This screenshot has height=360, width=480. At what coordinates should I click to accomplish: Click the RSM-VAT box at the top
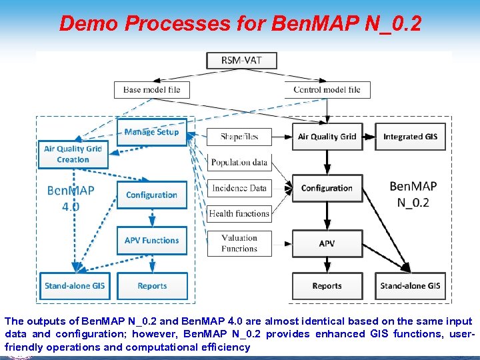(x=241, y=60)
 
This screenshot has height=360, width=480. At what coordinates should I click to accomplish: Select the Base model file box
(x=151, y=90)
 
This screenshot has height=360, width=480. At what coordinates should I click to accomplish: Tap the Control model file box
(x=327, y=90)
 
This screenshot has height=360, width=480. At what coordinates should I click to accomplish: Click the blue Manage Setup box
(x=151, y=132)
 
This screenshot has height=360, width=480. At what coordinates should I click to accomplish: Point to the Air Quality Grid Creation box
(x=73, y=154)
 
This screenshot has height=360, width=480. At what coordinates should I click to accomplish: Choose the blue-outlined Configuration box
(x=151, y=195)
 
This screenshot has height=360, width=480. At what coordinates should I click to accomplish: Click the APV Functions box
(x=151, y=241)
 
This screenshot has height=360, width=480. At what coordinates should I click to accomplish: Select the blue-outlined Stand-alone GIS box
(x=75, y=286)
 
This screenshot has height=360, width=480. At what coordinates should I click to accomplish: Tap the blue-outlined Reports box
(x=152, y=286)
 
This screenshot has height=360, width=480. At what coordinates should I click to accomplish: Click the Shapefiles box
(x=239, y=137)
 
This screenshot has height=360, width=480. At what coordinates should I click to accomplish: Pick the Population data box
(x=239, y=162)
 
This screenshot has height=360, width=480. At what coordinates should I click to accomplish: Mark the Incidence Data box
(x=239, y=188)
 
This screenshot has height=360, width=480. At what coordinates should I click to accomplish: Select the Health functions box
(x=239, y=213)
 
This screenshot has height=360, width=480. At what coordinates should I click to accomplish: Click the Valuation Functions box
(x=239, y=243)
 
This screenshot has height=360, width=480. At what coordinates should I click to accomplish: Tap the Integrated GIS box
(x=410, y=137)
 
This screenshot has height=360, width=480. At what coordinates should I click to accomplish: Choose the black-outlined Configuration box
(x=327, y=188)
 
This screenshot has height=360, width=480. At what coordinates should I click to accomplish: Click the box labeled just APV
(x=327, y=244)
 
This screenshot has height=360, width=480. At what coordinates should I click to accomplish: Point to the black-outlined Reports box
(x=327, y=286)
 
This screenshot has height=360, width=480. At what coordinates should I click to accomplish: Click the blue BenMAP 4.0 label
(x=71, y=198)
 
